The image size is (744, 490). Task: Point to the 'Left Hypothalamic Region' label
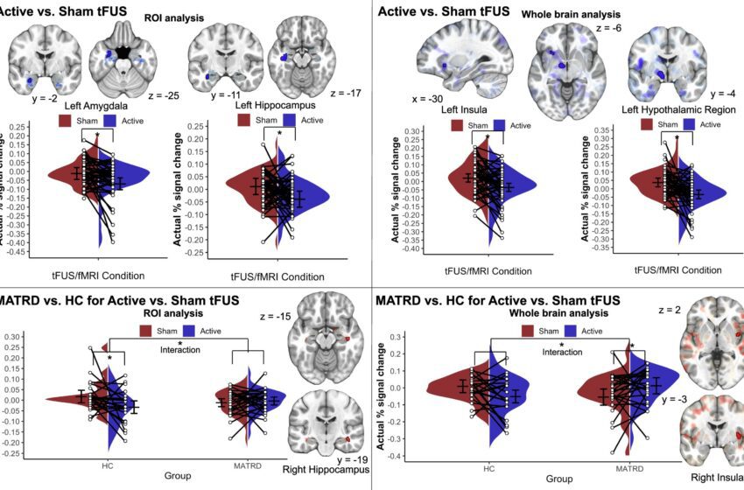tap(668, 108)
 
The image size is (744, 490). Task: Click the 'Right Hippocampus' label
tap(326, 469)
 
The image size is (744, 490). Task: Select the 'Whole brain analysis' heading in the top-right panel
tap(572, 15)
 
